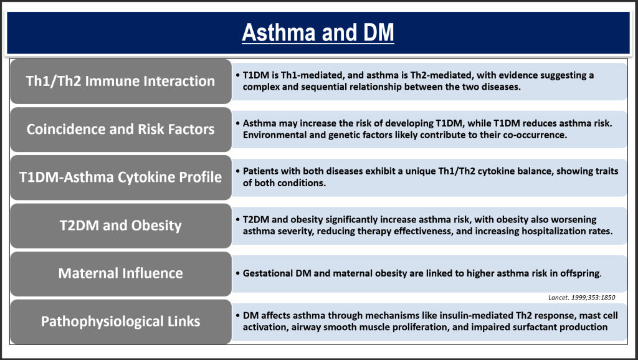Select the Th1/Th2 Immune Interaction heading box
(121, 81)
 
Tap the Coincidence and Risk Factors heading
(121, 129)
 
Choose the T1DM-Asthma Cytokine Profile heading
(121, 177)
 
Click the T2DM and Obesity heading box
(121, 225)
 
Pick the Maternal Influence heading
(121, 273)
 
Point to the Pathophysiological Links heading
(121, 321)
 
